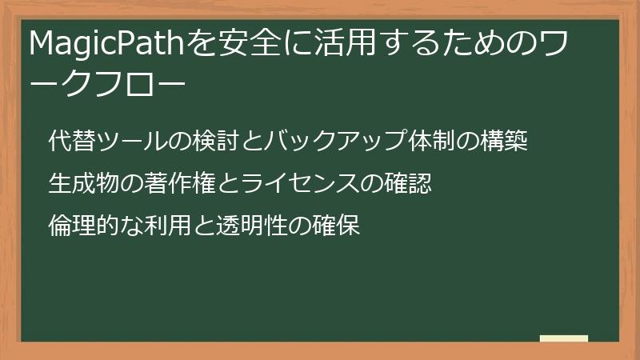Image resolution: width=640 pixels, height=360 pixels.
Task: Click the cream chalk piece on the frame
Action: click(564, 338)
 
